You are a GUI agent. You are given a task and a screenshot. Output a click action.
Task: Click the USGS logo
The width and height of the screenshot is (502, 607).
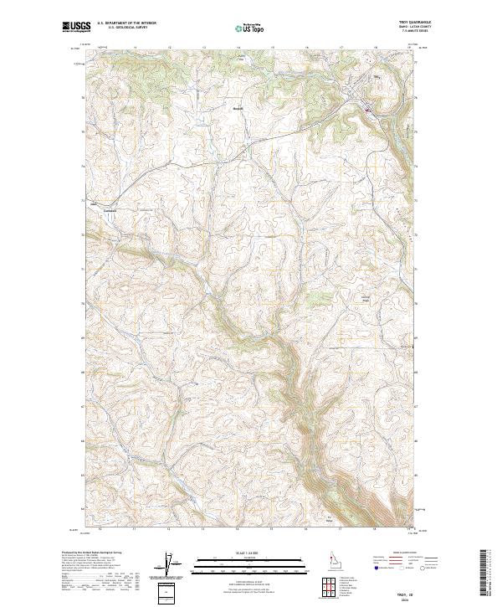click(76, 27)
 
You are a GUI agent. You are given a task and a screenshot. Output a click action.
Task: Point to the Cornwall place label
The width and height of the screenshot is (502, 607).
click(110, 209)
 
